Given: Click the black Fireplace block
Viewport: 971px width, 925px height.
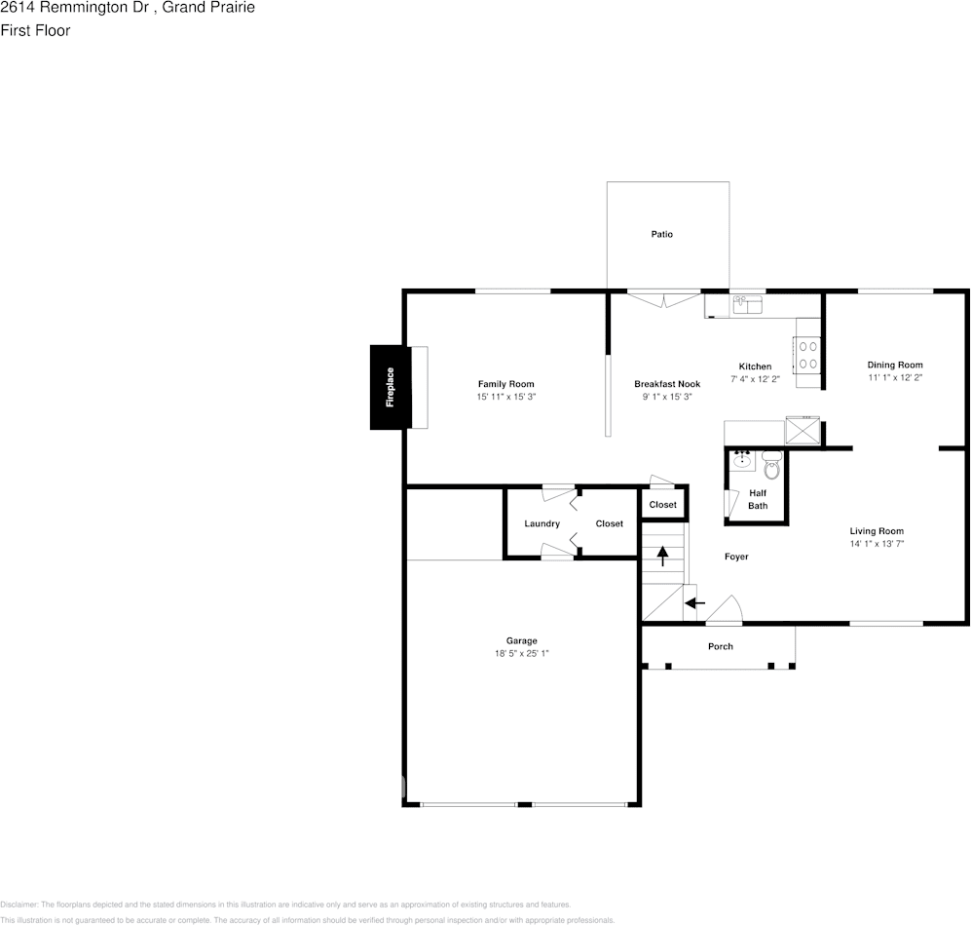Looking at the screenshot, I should click(390, 387).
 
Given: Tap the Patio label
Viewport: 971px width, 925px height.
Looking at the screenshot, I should click(662, 234).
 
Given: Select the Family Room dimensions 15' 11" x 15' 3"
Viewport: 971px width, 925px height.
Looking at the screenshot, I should click(505, 398).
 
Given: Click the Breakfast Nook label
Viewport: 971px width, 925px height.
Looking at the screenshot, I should click(667, 384).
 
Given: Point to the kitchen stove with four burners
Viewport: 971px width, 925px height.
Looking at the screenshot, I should click(807, 354).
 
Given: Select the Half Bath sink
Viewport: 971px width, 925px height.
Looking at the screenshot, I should click(742, 459).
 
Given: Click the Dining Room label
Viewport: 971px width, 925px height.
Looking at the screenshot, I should click(895, 365).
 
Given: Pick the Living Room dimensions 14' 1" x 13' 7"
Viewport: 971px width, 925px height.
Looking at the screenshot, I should click(877, 545).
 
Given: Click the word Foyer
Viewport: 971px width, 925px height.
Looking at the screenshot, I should click(736, 557).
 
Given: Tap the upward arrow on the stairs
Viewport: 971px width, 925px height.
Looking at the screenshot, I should click(663, 556).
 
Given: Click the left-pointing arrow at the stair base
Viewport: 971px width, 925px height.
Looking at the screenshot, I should click(694, 603).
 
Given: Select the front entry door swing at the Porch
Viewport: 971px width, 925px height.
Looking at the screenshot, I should click(724, 612).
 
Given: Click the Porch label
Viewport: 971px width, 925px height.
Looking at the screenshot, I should click(721, 646).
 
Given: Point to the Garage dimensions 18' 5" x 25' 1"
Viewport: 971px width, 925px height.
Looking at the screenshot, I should click(521, 654).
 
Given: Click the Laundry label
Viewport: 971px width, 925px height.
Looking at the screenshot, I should click(542, 523).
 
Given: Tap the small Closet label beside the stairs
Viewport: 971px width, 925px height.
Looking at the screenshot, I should click(662, 505).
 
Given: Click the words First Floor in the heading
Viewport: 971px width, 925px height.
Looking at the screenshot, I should click(35, 30).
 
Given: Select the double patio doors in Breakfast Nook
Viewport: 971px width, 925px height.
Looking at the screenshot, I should click(663, 298).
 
